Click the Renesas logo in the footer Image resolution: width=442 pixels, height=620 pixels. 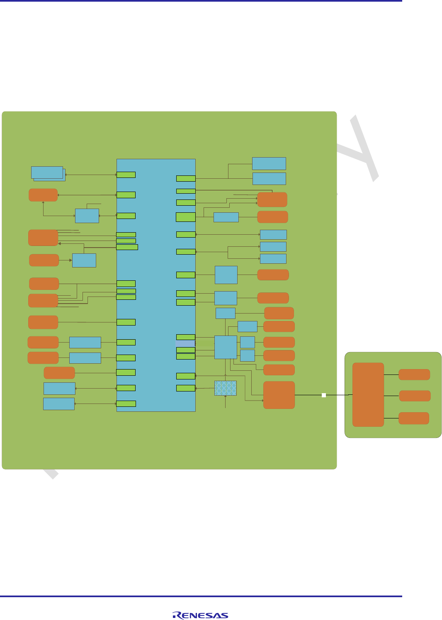(x=200, y=615)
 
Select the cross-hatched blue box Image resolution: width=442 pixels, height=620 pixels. (x=226, y=388)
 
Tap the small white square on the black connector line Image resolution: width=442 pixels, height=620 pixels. (x=324, y=395)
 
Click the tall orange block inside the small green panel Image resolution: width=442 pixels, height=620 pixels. (x=368, y=394)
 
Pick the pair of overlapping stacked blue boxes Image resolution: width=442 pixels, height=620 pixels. (x=48, y=173)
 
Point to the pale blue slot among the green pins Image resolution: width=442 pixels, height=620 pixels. (x=186, y=343)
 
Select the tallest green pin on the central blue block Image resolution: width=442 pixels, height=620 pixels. (x=186, y=217)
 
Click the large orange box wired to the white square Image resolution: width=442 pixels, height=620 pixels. (x=279, y=395)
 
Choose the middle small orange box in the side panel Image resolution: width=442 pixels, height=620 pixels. (x=415, y=396)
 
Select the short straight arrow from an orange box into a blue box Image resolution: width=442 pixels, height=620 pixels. (x=66, y=260)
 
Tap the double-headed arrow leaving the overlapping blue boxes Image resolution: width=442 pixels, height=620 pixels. (x=91, y=175)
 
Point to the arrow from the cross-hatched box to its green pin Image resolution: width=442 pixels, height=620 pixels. (x=205, y=388)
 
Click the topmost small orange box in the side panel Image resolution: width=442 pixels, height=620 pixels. (x=414, y=374)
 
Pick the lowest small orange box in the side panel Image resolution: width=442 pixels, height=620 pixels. (x=413, y=418)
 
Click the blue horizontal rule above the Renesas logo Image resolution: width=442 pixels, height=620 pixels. (x=201, y=596)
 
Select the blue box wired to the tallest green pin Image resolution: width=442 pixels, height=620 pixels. (x=226, y=217)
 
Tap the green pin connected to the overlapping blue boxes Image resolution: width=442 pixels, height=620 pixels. (x=126, y=175)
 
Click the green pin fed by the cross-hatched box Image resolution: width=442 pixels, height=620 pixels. (x=186, y=388)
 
